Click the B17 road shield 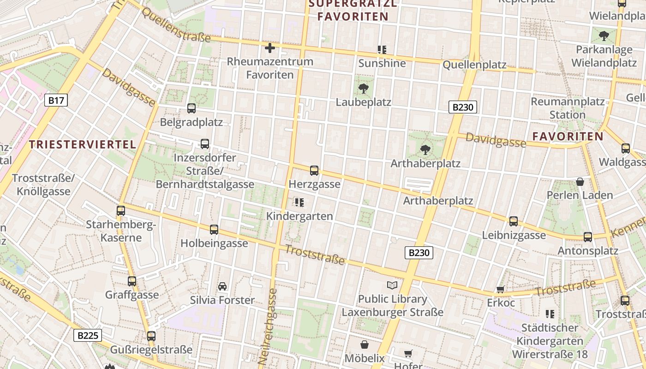point(56,100)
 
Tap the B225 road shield point(88,335)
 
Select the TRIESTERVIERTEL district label point(83,144)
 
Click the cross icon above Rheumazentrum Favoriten point(270,48)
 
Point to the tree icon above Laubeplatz point(364,89)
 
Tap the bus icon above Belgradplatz point(191,108)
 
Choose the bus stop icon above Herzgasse point(314,171)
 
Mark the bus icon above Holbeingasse point(214,230)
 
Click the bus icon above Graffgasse point(132,281)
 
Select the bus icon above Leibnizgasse point(514,221)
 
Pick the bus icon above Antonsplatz point(588,237)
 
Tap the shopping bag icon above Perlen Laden point(580,182)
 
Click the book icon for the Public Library point(392,286)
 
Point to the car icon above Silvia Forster point(222,286)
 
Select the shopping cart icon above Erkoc point(500,290)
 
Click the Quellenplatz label point(474,65)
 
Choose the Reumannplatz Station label point(568,108)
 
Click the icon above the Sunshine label point(382,49)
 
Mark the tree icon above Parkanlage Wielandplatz point(604,36)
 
